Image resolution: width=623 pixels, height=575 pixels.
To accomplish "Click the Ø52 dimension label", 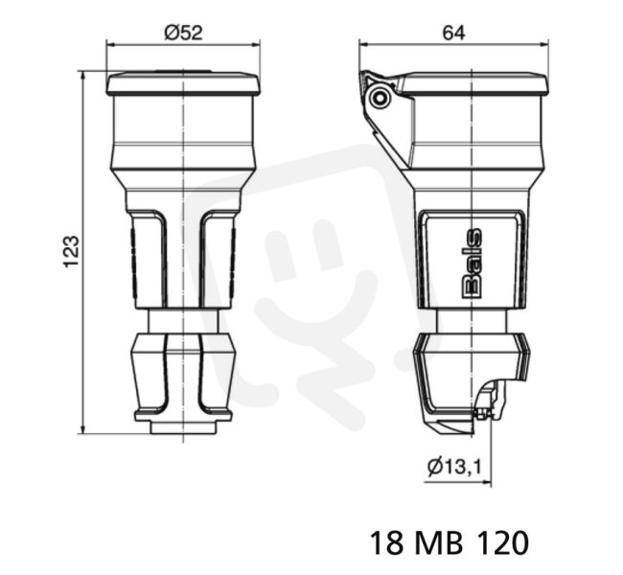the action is click(184, 33).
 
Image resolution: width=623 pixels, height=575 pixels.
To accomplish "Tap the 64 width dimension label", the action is click(453, 33).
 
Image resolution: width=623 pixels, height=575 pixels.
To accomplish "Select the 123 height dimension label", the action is click(72, 252).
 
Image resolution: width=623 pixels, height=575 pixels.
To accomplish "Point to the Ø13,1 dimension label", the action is click(454, 466).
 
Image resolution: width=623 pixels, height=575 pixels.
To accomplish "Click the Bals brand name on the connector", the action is click(473, 263).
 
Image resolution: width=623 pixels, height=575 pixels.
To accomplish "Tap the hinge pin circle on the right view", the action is click(380, 98).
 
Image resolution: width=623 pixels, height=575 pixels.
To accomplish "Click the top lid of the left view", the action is click(183, 83).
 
